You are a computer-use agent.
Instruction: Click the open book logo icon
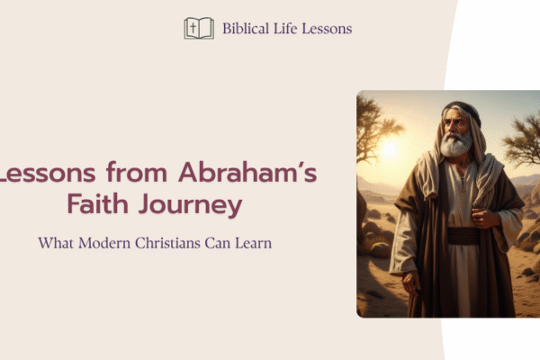tap(199, 28)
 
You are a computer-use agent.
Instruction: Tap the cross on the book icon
tap(193, 28)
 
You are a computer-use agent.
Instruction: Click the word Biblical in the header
tap(246, 28)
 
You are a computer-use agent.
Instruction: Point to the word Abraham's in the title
tap(247, 172)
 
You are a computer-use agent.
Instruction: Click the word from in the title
tap(137, 172)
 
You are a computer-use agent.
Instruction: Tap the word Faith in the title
tap(98, 204)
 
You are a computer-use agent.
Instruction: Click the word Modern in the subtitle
tap(104, 243)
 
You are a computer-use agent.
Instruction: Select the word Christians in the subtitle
tap(167, 243)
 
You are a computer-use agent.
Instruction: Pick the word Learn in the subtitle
tap(254, 243)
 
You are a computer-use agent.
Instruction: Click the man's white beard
tap(455, 145)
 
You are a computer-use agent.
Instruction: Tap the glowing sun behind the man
tap(389, 149)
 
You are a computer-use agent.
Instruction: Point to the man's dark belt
tap(463, 236)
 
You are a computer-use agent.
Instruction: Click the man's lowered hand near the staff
tap(411, 283)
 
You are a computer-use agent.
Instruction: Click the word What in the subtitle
tap(56, 243)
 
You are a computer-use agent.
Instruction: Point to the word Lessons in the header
tap(327, 28)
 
